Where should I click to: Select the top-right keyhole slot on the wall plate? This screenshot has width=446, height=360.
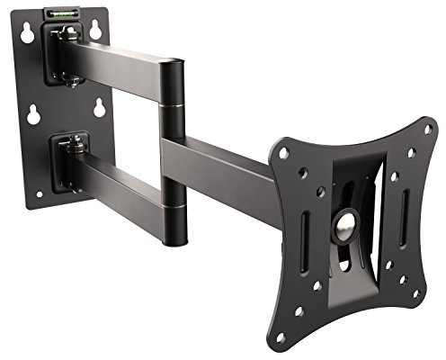(x=94, y=30)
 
